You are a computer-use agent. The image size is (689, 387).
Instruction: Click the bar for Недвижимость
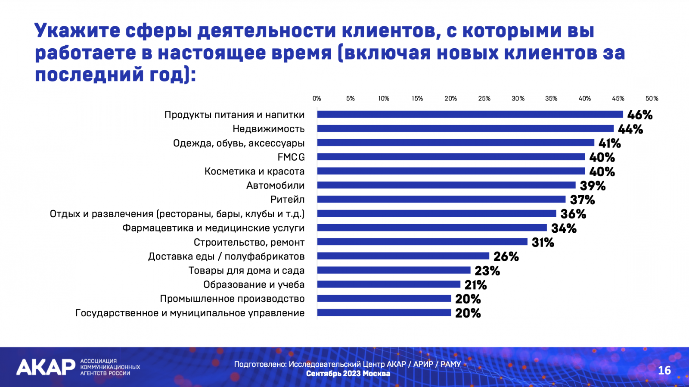point(465,128)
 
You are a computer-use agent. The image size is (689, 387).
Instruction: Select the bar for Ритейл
point(441,199)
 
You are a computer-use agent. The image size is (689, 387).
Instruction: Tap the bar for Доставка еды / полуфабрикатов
point(403,256)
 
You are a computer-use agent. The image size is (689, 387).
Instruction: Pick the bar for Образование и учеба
point(388,284)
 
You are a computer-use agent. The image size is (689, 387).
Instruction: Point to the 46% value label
point(640,115)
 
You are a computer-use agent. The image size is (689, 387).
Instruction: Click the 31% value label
point(543,243)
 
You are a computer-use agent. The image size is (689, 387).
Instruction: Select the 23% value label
point(487,271)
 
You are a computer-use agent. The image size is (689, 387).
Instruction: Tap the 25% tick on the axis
point(484,99)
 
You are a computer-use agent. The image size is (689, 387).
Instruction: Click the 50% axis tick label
point(652,99)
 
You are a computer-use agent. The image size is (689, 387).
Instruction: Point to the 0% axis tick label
point(317,99)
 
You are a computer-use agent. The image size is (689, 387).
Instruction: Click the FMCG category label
point(291,157)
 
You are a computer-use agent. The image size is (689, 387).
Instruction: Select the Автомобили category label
point(275,186)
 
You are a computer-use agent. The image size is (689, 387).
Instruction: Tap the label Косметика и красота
point(254,172)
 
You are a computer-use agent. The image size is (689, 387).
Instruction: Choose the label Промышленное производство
point(232,299)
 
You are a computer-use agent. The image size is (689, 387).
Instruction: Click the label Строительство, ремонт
point(249,243)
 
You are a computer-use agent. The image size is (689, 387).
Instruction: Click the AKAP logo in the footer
point(46,367)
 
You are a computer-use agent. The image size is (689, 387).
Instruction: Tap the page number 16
point(664,370)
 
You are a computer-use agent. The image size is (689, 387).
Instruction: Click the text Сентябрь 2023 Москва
point(348,374)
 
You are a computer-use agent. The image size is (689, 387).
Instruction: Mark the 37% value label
point(582,200)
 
